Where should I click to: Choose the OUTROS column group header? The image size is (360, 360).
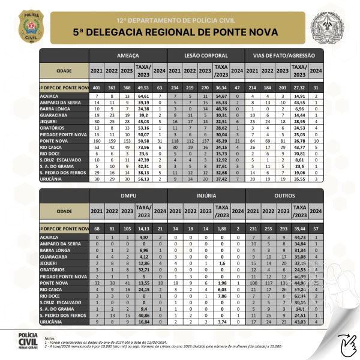[284, 196]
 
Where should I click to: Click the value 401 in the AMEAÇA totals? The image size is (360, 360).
[96, 88]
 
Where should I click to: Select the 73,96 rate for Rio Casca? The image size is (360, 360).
[143, 146]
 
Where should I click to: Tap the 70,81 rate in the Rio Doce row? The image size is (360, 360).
[299, 153]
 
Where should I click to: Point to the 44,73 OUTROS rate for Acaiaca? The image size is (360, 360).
[299, 238]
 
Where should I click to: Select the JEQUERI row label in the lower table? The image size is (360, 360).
[50, 263]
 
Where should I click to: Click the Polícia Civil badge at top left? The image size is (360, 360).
[26, 24]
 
